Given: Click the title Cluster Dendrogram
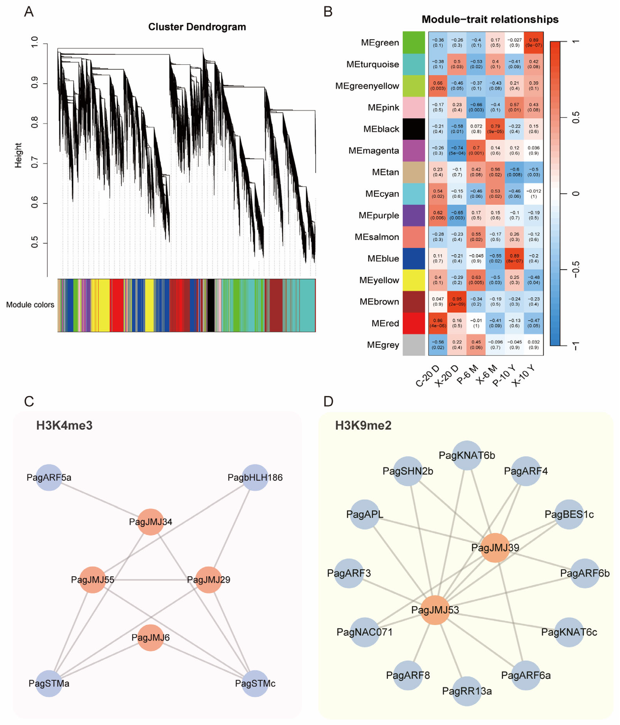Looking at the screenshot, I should click(x=197, y=27).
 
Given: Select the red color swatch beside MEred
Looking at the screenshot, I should click(x=413, y=323).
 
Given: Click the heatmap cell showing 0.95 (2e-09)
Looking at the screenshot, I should click(x=457, y=302).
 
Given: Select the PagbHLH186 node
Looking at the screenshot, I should click(x=255, y=477).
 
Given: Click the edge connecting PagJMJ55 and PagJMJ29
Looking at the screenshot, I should click(x=151, y=580).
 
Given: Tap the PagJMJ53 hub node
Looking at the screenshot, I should click(x=435, y=610).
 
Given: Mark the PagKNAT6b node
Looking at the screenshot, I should click(x=467, y=455).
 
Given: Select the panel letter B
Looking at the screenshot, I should click(x=328, y=12).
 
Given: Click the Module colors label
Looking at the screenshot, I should click(x=30, y=305).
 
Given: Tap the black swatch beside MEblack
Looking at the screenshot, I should click(x=413, y=129).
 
